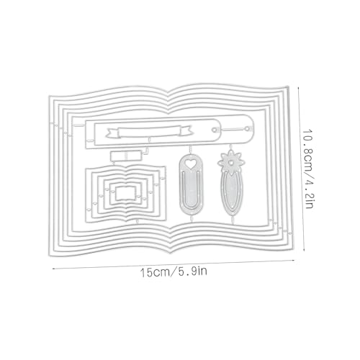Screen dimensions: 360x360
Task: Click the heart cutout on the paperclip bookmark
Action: tap(191, 164)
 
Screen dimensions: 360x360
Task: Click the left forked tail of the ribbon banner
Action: tap(112, 134)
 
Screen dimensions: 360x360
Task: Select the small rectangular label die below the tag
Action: tap(125, 156)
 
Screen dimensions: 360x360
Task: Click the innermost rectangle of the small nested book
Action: tap(125, 193)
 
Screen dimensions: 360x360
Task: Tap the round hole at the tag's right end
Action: tap(214, 130)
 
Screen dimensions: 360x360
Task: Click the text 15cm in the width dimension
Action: tap(154, 273)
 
